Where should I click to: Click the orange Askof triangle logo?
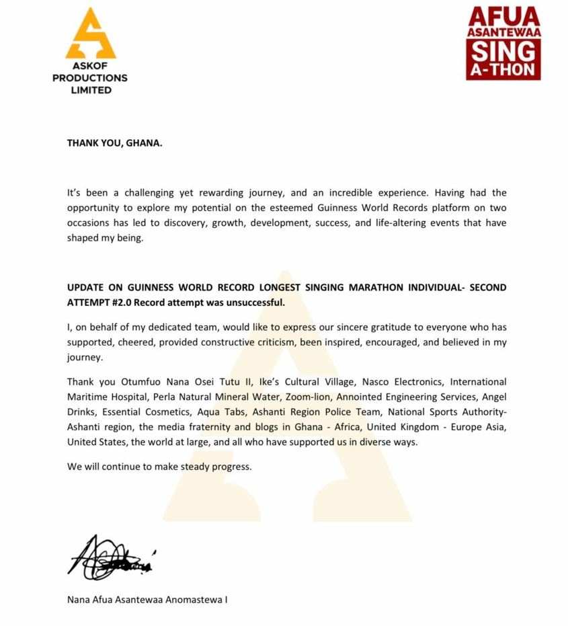[x=90, y=34]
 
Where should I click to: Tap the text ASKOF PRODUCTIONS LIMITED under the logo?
[x=90, y=77]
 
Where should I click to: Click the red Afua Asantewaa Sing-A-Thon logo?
[x=504, y=43]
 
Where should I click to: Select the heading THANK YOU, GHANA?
[x=114, y=143]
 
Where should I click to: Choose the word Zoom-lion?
[x=286, y=397]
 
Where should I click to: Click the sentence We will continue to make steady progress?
[x=159, y=466]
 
